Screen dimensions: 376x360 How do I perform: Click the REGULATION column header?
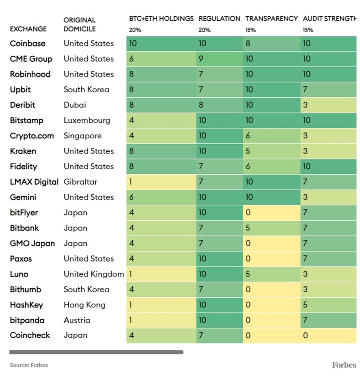pos(219,19)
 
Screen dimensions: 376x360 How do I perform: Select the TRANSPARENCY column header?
pos(271,19)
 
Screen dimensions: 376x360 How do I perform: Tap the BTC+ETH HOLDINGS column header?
pos(161,19)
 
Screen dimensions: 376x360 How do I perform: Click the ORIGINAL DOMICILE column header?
pos(80,24)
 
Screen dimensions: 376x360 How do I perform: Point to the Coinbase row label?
pos(28,44)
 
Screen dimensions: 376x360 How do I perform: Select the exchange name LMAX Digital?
pos(34,182)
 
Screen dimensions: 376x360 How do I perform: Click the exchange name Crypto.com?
pos(31,136)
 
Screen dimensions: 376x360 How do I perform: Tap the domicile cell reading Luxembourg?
pos(87,120)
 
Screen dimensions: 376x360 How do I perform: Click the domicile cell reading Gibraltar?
pos(81,182)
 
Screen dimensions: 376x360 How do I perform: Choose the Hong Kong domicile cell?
pos(84,305)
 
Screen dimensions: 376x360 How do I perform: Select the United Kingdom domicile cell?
pos(94,274)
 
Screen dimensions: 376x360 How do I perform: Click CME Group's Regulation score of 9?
pos(201,59)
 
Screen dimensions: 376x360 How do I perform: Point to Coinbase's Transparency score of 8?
pos(248,44)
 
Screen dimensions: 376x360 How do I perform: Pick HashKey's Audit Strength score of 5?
pos(305,305)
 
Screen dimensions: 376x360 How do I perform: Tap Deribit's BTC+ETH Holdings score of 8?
pos(131,105)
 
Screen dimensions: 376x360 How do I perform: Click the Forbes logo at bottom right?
pos(344,365)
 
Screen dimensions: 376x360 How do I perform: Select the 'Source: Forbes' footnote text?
pos(29,365)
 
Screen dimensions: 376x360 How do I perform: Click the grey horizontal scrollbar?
pos(96,352)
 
